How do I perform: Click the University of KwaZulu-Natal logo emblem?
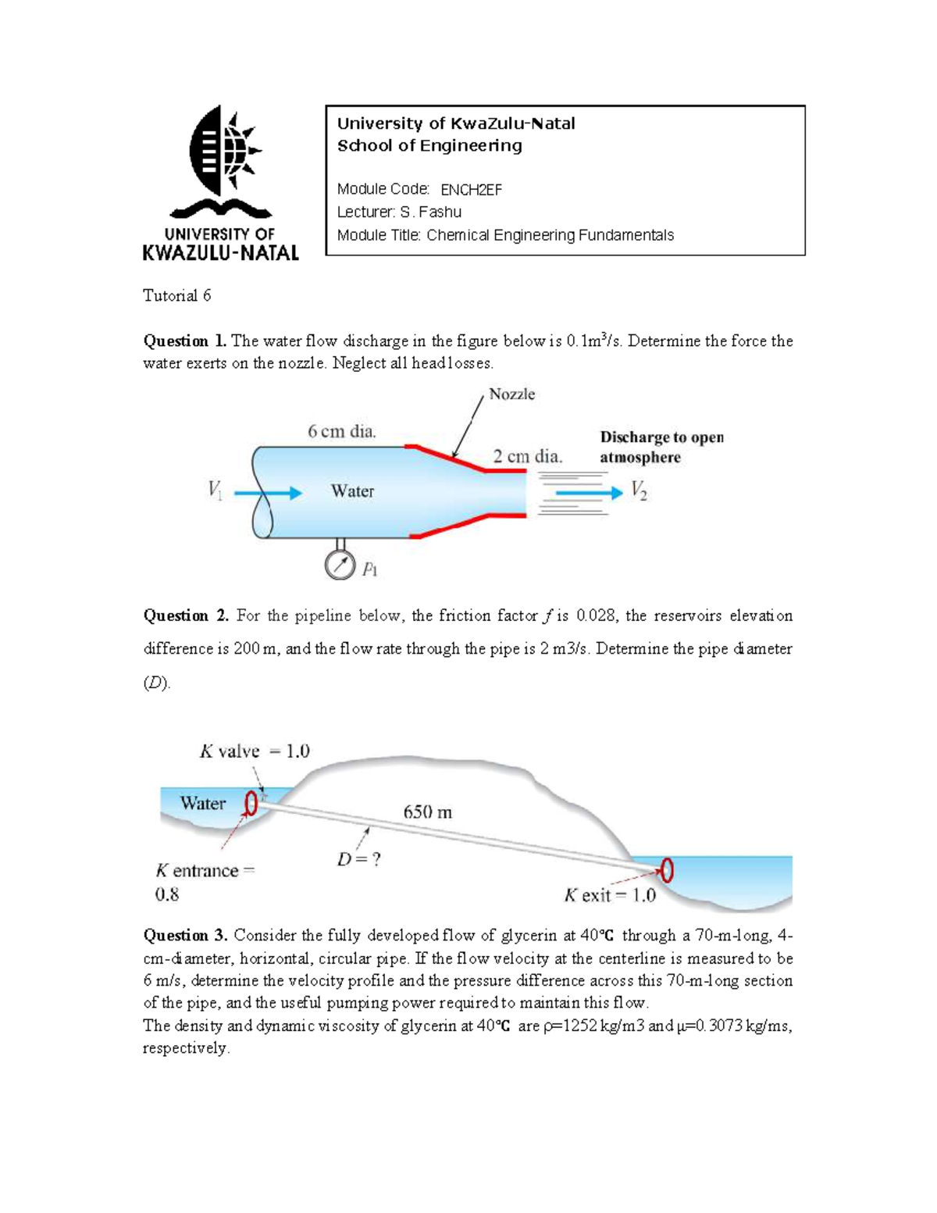[222, 156]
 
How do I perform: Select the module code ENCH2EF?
[471, 190]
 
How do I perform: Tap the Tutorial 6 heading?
[176, 296]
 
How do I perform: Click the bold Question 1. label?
[185, 341]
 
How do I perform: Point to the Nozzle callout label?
[511, 394]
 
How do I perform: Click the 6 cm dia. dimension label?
[342, 431]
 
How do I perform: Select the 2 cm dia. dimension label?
[527, 456]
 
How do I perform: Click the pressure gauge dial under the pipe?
[340, 565]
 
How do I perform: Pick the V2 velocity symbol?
[639, 491]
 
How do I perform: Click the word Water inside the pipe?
[352, 491]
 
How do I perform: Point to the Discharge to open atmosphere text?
[661, 448]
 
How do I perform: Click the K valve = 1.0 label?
[255, 751]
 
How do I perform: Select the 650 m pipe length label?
[427, 812]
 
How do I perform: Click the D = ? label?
[358, 859]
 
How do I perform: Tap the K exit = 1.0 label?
[610, 895]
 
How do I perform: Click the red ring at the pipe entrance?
[251, 803]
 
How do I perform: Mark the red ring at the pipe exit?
[667, 869]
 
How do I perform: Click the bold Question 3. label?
[186, 936]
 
